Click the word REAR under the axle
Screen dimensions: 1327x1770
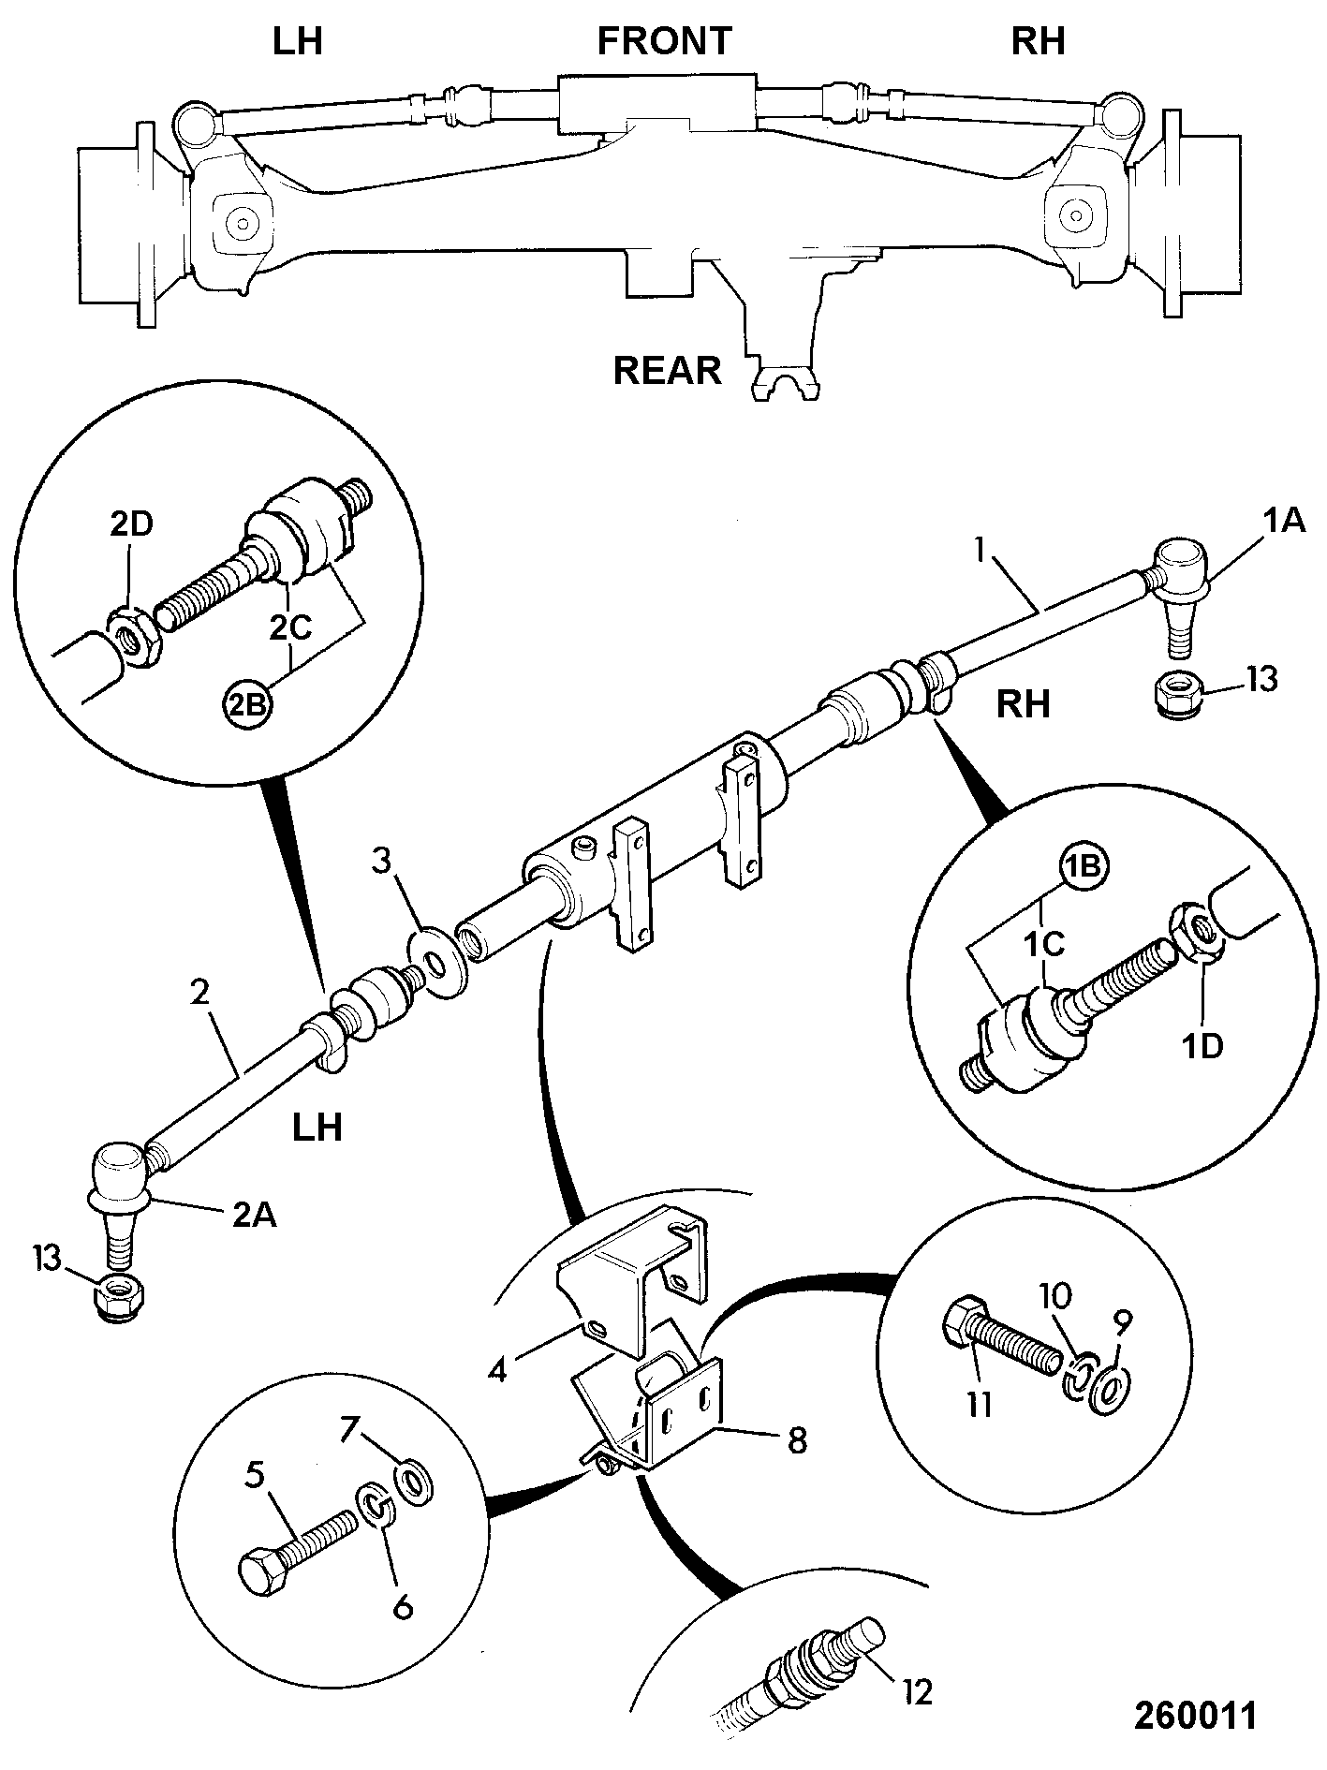point(667,371)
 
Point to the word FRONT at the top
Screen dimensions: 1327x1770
point(663,41)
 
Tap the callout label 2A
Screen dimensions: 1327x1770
point(253,1217)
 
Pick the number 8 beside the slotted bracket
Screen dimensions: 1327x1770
point(796,1439)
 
